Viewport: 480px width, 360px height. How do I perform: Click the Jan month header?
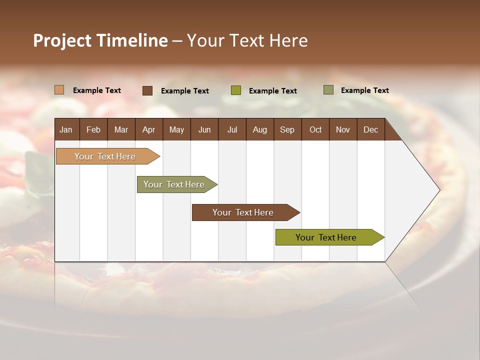(66, 129)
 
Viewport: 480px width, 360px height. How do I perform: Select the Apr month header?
(148, 129)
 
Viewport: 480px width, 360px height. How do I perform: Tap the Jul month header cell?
(232, 129)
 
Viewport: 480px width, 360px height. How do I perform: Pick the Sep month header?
(287, 129)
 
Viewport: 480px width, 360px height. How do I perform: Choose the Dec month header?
(370, 129)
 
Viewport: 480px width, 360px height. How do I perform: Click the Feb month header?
(93, 129)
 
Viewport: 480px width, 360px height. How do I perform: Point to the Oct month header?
(315, 129)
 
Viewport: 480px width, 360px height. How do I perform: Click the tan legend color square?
(59, 90)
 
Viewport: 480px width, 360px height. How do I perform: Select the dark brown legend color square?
(147, 90)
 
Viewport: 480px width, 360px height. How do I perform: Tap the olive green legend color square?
(235, 90)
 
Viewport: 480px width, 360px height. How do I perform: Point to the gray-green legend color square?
(328, 90)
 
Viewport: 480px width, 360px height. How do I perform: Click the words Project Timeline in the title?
(100, 40)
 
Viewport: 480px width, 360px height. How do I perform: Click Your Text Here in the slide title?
(247, 40)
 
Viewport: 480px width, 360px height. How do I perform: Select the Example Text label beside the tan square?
(97, 90)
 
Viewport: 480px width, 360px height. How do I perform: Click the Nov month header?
(343, 129)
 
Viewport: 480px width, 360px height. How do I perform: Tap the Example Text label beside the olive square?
(273, 91)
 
